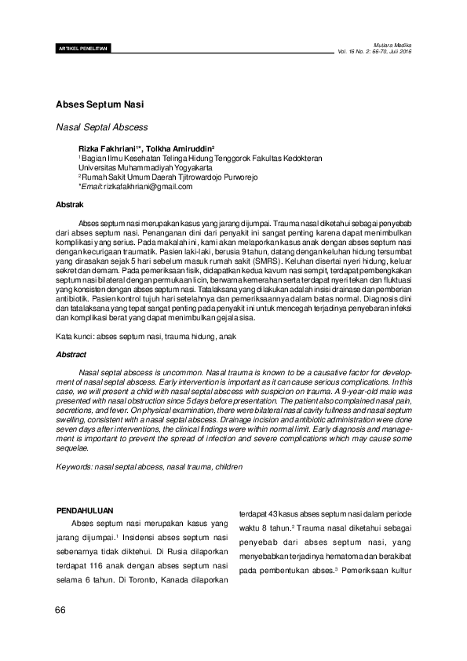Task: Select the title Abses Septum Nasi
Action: coord(100,104)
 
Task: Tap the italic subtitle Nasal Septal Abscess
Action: coord(102,126)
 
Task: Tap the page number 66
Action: coord(60,610)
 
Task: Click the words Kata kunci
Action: coord(73,336)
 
